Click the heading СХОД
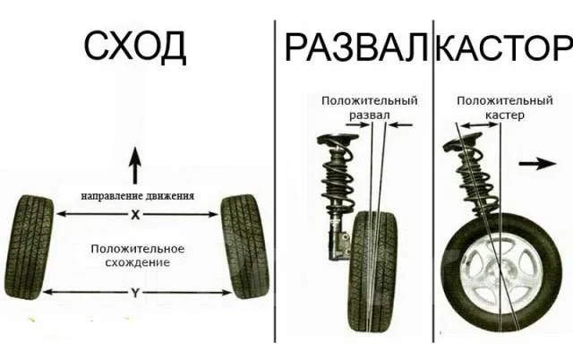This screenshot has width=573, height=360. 135,47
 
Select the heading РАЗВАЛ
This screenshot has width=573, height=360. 356,47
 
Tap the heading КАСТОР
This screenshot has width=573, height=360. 504,47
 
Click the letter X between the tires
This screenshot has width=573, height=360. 135,215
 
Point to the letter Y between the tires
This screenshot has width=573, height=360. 135,292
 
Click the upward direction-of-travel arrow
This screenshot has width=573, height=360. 135,165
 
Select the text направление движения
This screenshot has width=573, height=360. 137,196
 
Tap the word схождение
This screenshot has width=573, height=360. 137,262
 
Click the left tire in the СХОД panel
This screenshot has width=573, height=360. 30,247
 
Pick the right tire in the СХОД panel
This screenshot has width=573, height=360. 244,246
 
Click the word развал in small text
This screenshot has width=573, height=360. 370,115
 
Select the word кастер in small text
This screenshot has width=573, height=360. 505,116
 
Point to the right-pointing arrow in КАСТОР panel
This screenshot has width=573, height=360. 538,164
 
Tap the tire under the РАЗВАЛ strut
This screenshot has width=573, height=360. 372,271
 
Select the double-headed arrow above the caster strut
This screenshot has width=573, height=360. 480,125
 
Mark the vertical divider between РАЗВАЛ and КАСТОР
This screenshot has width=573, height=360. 433,182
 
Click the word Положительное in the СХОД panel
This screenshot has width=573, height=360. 137,249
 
